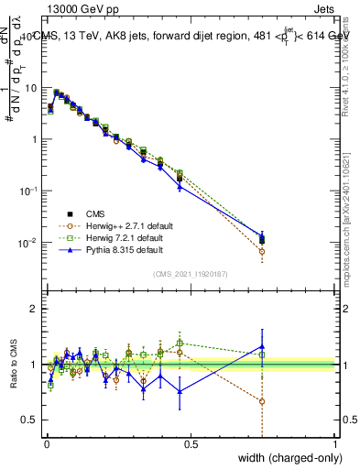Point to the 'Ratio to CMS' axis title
click(15, 365)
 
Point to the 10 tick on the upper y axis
click(32, 88)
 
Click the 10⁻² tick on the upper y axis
click(30, 243)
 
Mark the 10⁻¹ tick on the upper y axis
click(30, 191)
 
